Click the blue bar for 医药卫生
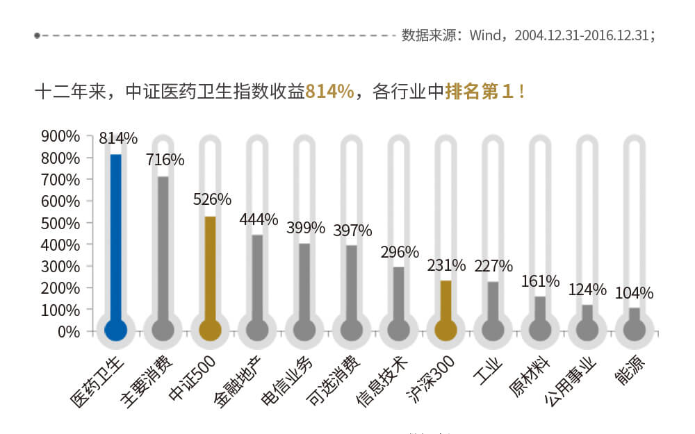pos(116,236)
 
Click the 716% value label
pos(165,160)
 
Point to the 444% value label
pos(259,219)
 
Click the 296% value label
pos(400,251)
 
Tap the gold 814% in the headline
pos(330,92)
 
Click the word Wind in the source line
pos(484,35)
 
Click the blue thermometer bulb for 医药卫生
pos(116,330)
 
